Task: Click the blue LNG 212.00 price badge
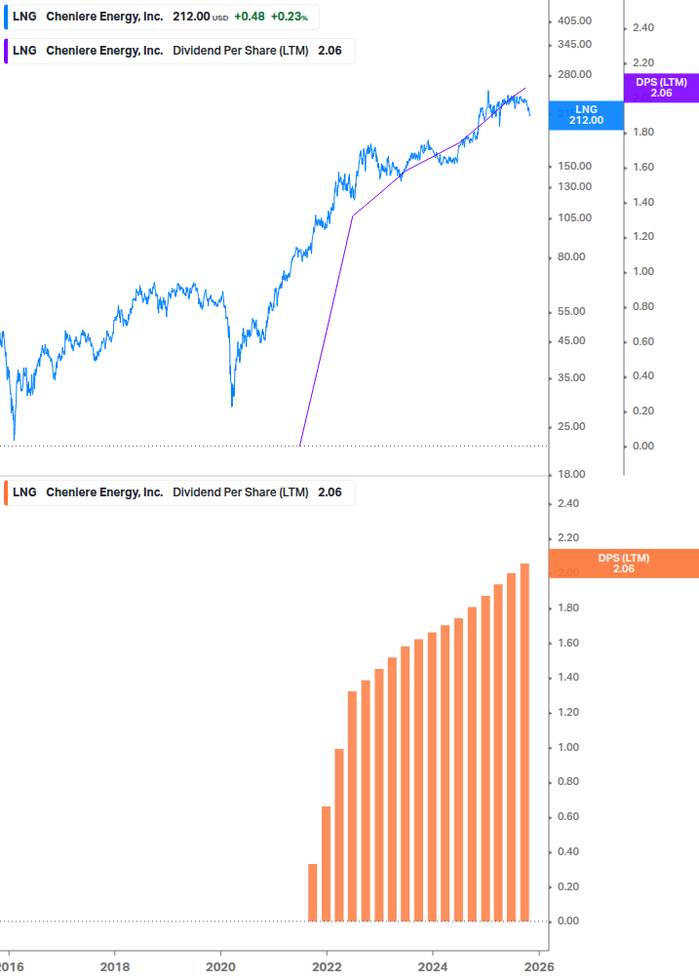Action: (x=586, y=114)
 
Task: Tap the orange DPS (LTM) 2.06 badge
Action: (x=624, y=564)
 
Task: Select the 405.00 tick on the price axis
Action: (x=574, y=20)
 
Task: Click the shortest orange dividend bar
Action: (x=313, y=891)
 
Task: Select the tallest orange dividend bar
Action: (x=524, y=741)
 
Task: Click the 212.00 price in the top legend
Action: (x=191, y=17)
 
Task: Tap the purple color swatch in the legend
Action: (x=6, y=51)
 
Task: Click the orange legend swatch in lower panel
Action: (x=6, y=492)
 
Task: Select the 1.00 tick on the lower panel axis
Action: (x=567, y=747)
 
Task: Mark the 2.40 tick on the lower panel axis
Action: (x=567, y=503)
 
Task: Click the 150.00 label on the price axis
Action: (x=574, y=166)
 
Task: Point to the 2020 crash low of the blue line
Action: (x=232, y=405)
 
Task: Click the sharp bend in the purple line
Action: (x=352, y=216)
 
